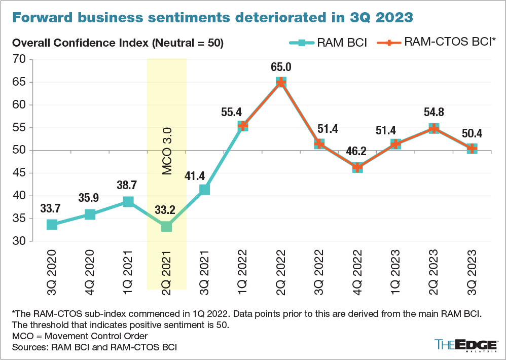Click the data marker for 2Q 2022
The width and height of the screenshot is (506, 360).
click(281, 83)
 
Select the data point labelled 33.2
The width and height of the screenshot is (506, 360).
click(166, 226)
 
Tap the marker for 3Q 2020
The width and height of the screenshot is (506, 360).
click(52, 224)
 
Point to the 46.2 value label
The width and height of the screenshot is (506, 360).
click(357, 151)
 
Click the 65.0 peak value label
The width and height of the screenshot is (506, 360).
click(281, 67)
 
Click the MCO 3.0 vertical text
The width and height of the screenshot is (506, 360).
click(167, 151)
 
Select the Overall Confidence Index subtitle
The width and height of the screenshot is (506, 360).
click(118, 43)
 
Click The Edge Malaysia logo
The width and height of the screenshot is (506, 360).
click(464, 345)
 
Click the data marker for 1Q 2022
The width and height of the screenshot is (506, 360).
click(243, 126)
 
